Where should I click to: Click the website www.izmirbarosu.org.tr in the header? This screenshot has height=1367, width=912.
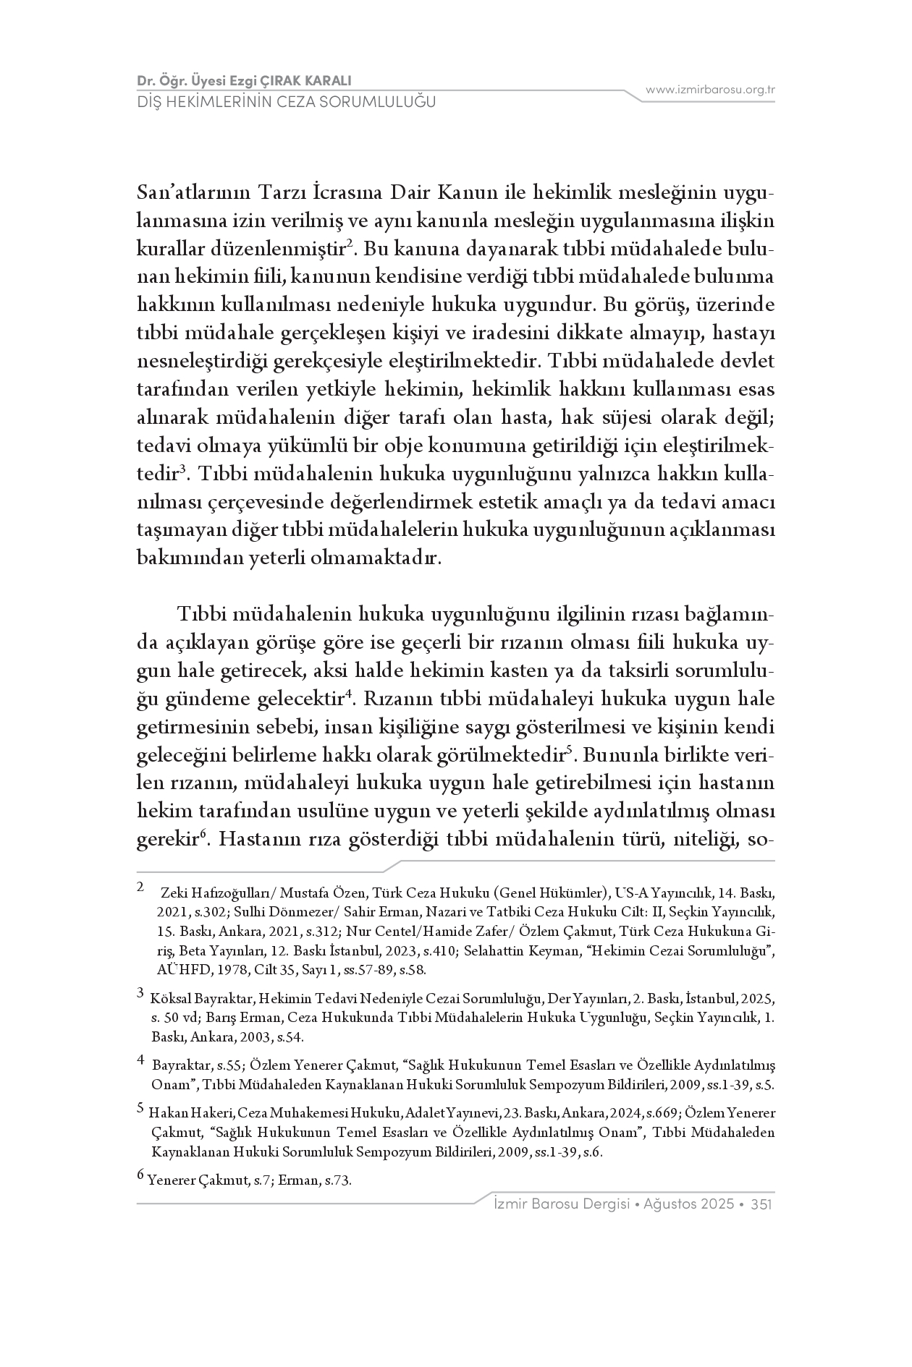[x=710, y=90]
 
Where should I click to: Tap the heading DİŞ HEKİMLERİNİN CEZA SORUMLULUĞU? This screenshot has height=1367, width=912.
[x=287, y=102]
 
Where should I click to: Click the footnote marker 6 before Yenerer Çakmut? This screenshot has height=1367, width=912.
[x=140, y=1177]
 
